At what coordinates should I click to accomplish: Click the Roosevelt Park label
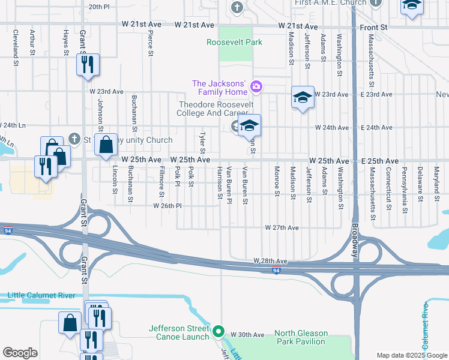tap(234, 43)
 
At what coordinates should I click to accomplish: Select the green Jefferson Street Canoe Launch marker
tap(219, 331)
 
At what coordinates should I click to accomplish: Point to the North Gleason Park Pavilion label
tap(301, 338)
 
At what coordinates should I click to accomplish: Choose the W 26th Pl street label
tap(167, 206)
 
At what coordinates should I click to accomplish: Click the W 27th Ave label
tap(282, 228)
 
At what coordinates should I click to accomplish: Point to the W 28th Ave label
tap(270, 261)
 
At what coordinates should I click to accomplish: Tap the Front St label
tap(373, 28)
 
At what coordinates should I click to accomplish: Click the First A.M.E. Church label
tap(330, 3)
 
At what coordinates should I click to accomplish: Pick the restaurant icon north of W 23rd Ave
tap(88, 64)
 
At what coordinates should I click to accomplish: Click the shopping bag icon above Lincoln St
tap(106, 145)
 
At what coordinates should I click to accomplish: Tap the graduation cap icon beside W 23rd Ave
tap(303, 97)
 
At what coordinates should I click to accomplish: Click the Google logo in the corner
tap(20, 353)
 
